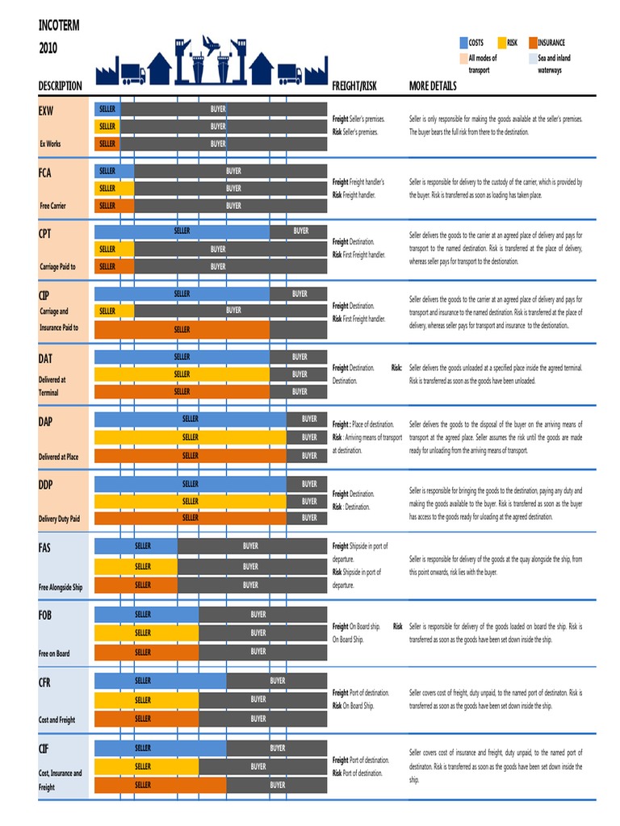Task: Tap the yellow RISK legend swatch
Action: (501, 43)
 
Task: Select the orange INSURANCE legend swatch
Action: (533, 43)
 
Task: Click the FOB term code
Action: (45, 615)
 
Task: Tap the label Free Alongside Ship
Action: (61, 588)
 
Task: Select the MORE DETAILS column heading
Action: (433, 86)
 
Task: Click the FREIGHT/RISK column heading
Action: (354, 86)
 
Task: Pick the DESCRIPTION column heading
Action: (60, 86)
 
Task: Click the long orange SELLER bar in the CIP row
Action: (182, 329)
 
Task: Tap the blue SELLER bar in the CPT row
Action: (182, 232)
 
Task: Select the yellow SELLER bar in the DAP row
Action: (191, 437)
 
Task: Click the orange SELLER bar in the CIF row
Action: (161, 785)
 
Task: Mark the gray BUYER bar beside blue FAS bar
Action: (251, 546)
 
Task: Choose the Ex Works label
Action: (50, 144)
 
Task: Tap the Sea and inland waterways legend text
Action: (554, 65)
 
